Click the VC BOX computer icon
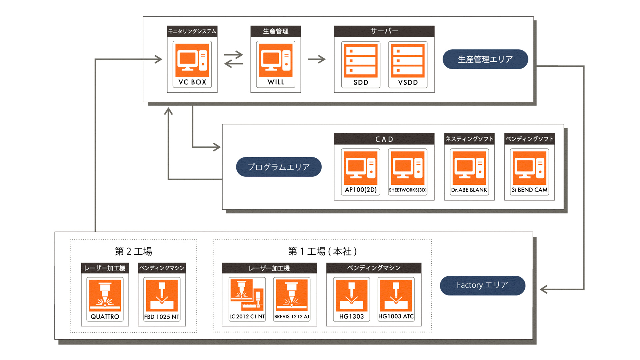(x=192, y=61)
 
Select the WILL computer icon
(x=276, y=61)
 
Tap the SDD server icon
(x=361, y=61)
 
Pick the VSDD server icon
(x=408, y=61)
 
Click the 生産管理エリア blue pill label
(x=485, y=59)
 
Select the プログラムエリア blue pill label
(x=279, y=167)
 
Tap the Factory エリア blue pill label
(x=482, y=285)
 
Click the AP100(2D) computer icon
(x=361, y=168)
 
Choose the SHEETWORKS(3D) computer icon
(x=408, y=168)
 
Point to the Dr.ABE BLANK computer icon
(x=469, y=168)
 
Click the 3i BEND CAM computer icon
(x=529, y=168)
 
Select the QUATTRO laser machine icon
(x=105, y=295)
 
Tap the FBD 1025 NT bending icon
(x=162, y=295)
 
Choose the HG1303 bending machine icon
(x=351, y=295)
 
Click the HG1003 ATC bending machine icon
(x=396, y=295)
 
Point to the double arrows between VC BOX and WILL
(x=234, y=59)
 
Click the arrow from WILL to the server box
(x=317, y=59)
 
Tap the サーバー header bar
(x=384, y=31)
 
